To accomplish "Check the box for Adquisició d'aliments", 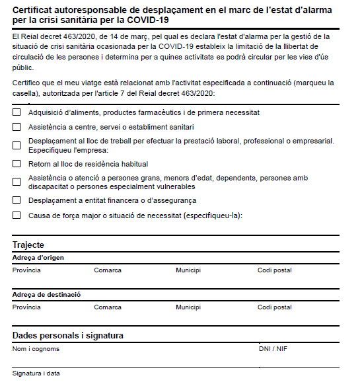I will click(x=17, y=112).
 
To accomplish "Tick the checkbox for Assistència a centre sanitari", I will click(x=17, y=126).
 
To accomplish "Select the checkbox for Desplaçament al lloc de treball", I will click(x=17, y=145).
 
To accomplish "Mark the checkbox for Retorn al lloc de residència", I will click(x=17, y=163).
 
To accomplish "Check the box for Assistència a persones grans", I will click(x=17, y=182).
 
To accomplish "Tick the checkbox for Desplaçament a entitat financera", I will click(x=17, y=200).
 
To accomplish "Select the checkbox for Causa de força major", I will click(x=17, y=215).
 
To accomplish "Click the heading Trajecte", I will click(x=28, y=245).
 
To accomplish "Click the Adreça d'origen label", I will click(x=38, y=258).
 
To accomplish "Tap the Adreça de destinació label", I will click(x=46, y=295).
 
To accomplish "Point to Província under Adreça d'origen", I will click(x=26, y=270).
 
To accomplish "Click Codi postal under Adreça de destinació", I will click(x=274, y=307).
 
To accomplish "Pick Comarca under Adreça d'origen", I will click(x=107, y=270).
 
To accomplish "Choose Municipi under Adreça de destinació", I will click(x=188, y=307).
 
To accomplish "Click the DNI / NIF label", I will click(x=273, y=348).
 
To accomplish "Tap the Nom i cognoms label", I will click(x=36, y=348).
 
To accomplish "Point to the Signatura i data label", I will click(x=36, y=373).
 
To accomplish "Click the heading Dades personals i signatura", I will click(x=67, y=336).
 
